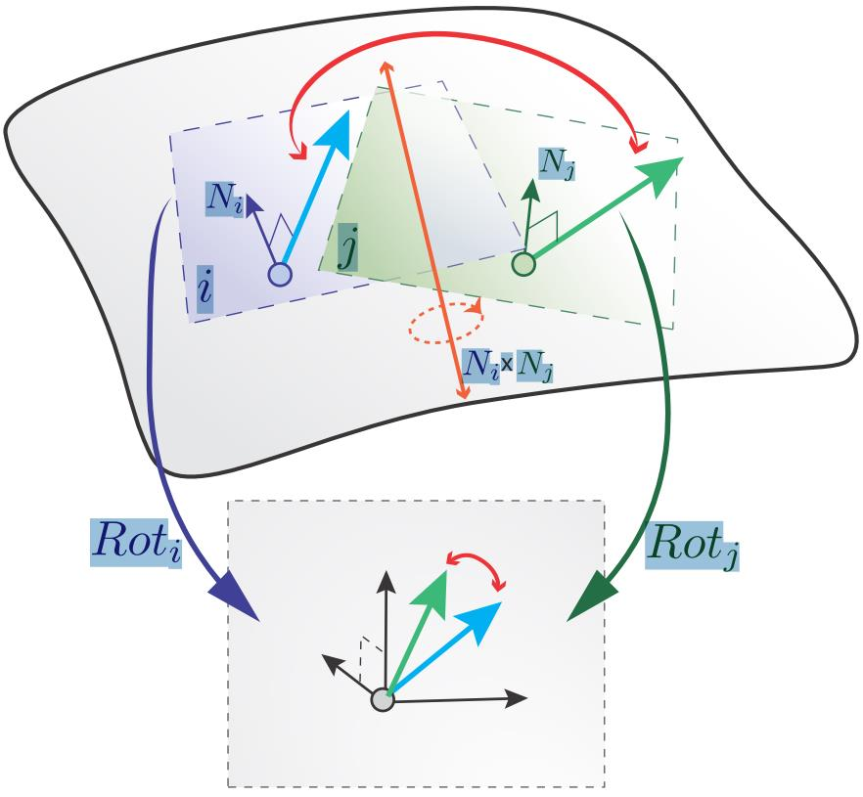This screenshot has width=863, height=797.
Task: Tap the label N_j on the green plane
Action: click(557, 165)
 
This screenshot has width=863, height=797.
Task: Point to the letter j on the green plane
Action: click(347, 248)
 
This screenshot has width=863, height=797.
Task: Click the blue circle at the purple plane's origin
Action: click(281, 276)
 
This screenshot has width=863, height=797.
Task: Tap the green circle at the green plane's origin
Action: click(523, 263)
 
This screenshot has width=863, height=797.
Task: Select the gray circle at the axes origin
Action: click(383, 700)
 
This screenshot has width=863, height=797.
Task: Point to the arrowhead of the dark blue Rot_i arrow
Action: click(238, 598)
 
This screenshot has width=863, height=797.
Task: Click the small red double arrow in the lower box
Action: click(476, 565)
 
